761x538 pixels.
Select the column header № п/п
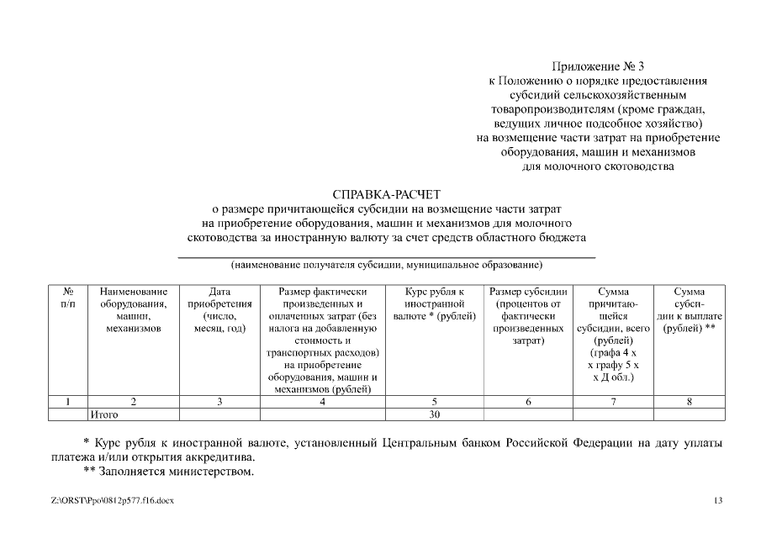[68, 298]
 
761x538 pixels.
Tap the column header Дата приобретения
[219, 309]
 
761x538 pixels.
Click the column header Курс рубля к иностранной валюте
[434, 303]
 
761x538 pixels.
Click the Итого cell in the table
[104, 414]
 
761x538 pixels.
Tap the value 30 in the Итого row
[434, 414]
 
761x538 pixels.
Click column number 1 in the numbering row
[68, 402]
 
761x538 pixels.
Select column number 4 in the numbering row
[322, 402]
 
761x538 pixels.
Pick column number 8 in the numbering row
[689, 402]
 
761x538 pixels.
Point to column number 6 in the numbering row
[528, 402]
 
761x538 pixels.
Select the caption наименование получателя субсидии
[387, 266]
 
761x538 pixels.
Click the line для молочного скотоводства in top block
[598, 166]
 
